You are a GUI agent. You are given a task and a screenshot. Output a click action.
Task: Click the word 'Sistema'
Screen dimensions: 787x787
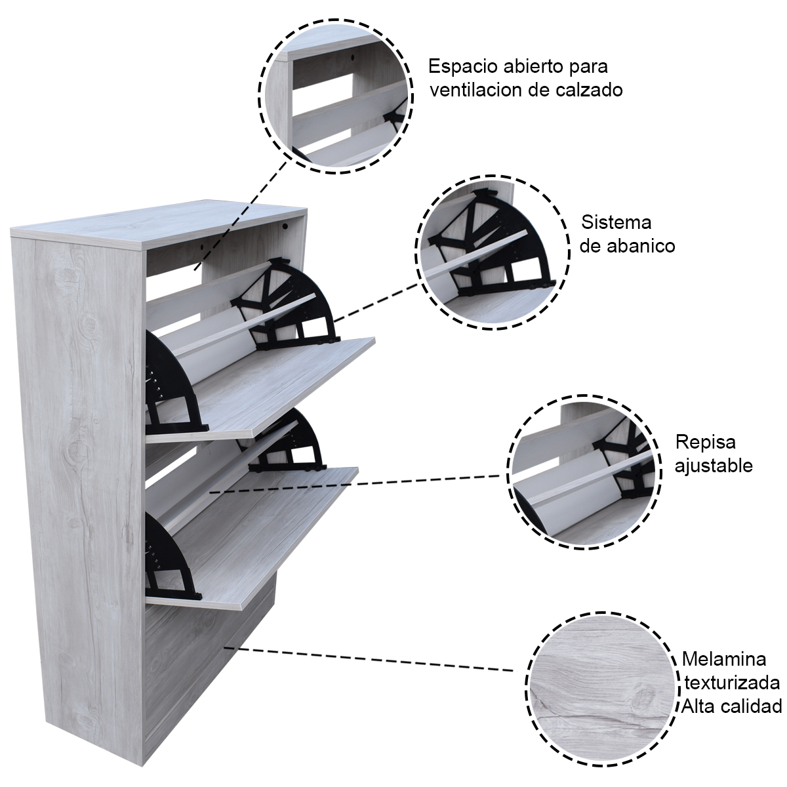pos(616,222)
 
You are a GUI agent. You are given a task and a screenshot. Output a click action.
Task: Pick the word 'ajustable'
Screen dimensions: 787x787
pos(714,466)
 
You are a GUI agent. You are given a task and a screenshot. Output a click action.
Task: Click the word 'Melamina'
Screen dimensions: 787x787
pos(723,658)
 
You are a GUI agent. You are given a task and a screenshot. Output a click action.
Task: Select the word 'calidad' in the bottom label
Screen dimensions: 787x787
pos(757,706)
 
